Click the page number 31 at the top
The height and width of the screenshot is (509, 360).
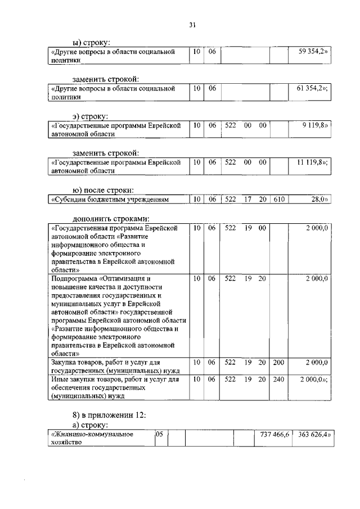click(x=192, y=24)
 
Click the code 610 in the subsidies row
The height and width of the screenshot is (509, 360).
click(x=278, y=199)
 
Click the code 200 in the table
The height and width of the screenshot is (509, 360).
click(x=278, y=363)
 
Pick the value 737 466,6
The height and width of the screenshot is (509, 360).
click(x=274, y=434)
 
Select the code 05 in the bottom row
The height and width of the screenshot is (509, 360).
click(x=159, y=434)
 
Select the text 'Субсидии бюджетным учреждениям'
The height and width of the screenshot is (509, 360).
click(x=111, y=199)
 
